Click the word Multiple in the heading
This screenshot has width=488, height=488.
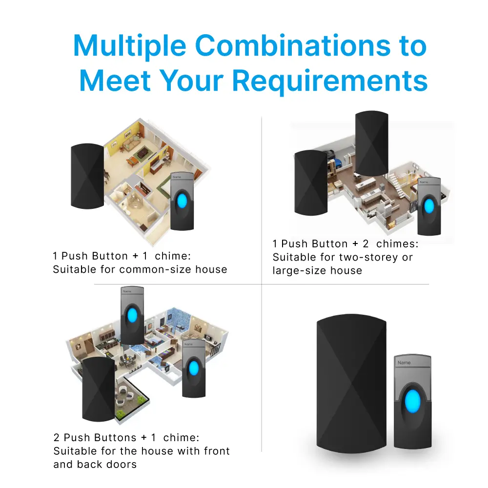130,46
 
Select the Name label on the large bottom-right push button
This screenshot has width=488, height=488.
404,363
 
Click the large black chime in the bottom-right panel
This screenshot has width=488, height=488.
351,386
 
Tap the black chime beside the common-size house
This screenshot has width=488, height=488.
87,176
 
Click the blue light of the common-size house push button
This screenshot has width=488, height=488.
183,201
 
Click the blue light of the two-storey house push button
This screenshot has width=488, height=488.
429,205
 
